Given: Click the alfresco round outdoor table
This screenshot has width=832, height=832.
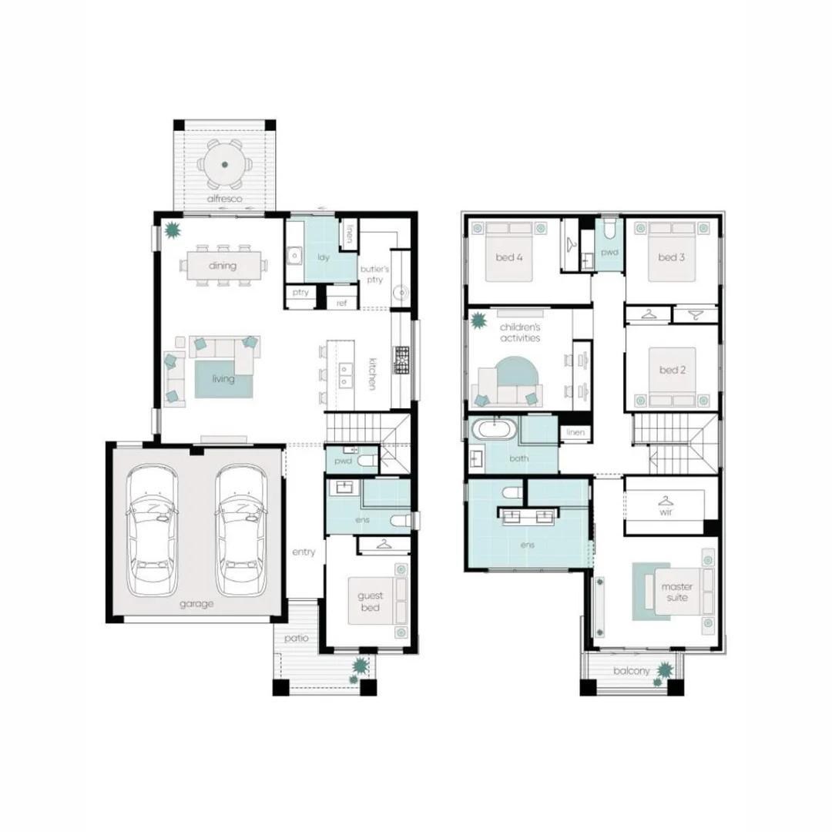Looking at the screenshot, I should pyautogui.click(x=224, y=164).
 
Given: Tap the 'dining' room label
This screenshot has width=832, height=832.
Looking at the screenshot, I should pyautogui.click(x=223, y=267).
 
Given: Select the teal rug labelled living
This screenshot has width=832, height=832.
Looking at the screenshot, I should pyautogui.click(x=223, y=378).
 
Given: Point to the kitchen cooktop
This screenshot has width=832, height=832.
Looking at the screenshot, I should pyautogui.click(x=402, y=360).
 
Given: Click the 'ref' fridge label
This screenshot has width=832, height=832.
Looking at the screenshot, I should pyautogui.click(x=341, y=304).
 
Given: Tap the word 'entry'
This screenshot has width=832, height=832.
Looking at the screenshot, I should pyautogui.click(x=304, y=552).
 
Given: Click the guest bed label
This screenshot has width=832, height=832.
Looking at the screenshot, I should pyautogui.click(x=370, y=602).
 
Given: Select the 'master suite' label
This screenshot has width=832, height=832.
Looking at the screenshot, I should pyautogui.click(x=677, y=592).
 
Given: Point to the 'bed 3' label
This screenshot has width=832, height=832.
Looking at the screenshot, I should pyautogui.click(x=671, y=257).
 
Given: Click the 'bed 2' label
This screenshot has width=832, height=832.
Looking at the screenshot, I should pyautogui.click(x=672, y=371).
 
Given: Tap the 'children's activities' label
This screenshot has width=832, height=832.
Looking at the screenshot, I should pyautogui.click(x=519, y=332).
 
